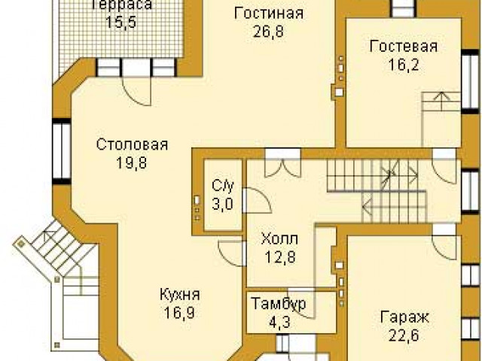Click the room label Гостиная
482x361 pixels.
(269, 14)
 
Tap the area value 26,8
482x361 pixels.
(268, 31)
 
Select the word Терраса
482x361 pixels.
(122, 5)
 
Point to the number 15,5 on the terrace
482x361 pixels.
(120, 22)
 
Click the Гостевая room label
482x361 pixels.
(404, 47)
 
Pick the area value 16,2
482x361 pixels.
(404, 65)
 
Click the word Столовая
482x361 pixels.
(133, 144)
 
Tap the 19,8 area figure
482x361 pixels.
(132, 162)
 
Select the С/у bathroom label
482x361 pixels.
(223, 186)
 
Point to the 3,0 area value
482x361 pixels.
(223, 204)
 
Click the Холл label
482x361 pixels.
(279, 238)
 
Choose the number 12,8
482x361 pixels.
(280, 257)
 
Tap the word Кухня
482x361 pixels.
(180, 295)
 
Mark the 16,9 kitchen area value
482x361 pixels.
(179, 313)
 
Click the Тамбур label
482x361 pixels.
(279, 304)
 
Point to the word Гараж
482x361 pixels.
(404, 317)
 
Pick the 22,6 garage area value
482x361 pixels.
(404, 335)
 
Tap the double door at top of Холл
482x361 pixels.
(282, 168)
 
